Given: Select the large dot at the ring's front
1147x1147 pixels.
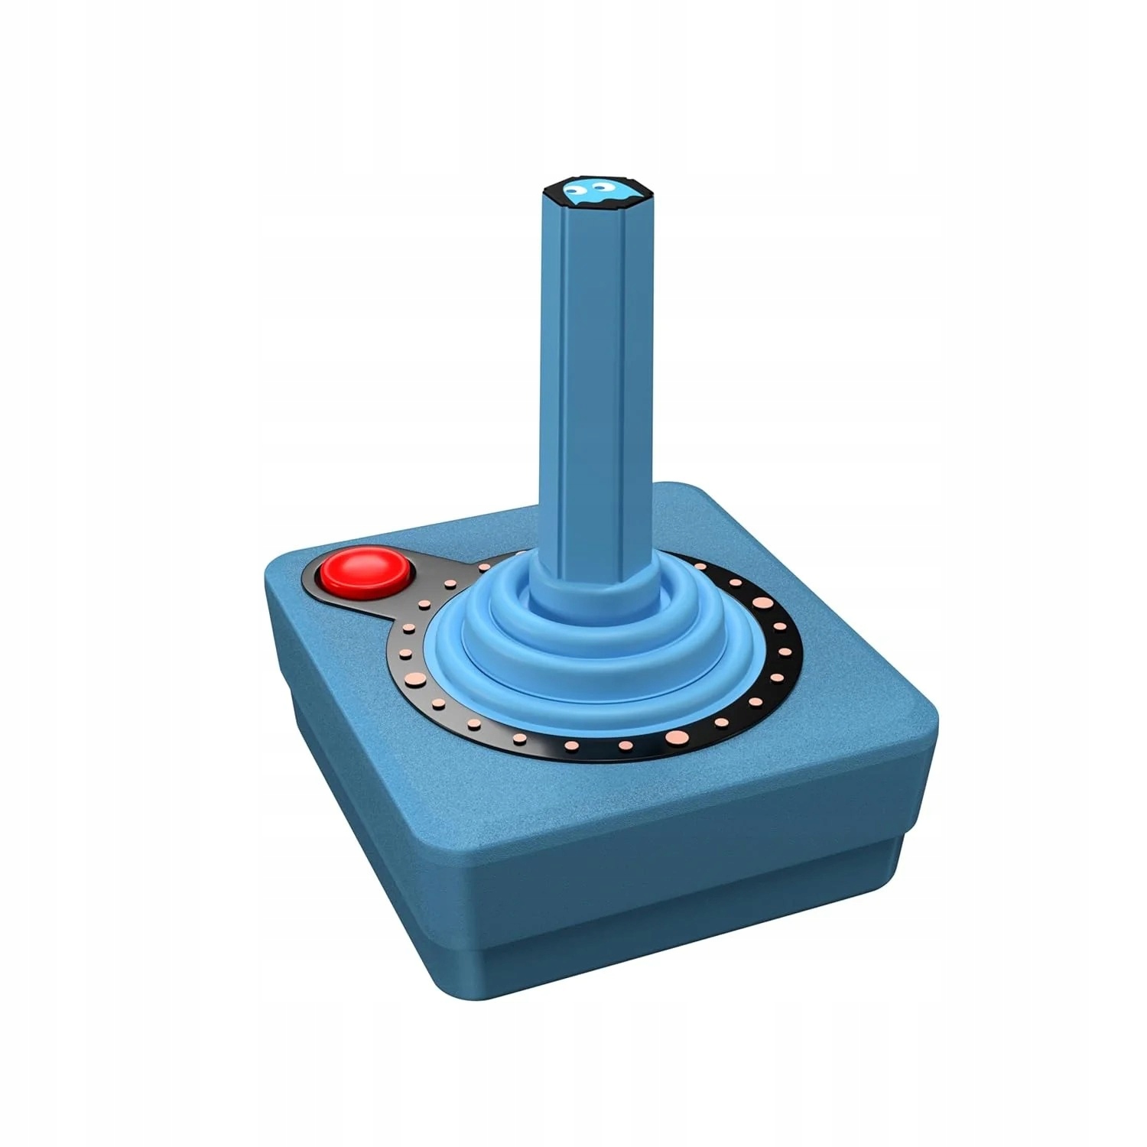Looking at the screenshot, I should point(676,737).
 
